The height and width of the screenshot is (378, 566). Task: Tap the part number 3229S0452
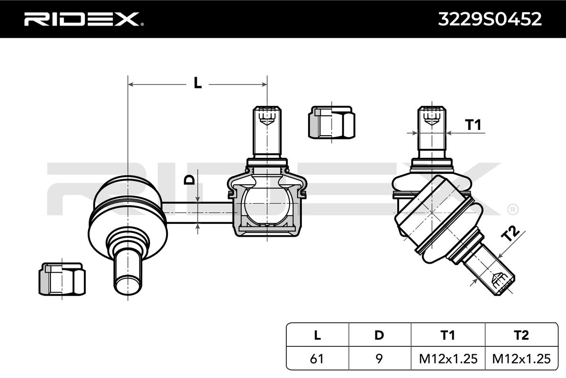click(x=490, y=19)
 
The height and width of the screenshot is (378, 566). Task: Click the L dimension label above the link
click(x=198, y=83)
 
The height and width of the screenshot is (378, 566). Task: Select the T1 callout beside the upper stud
click(x=473, y=125)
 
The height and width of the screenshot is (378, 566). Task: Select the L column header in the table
click(x=317, y=335)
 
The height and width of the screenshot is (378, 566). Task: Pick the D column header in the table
click(x=379, y=335)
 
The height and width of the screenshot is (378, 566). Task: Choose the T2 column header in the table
click(x=521, y=335)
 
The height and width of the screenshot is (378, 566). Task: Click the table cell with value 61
click(x=317, y=359)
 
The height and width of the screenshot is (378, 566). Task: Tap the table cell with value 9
click(x=379, y=359)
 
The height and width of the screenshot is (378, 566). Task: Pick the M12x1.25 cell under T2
click(x=521, y=359)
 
